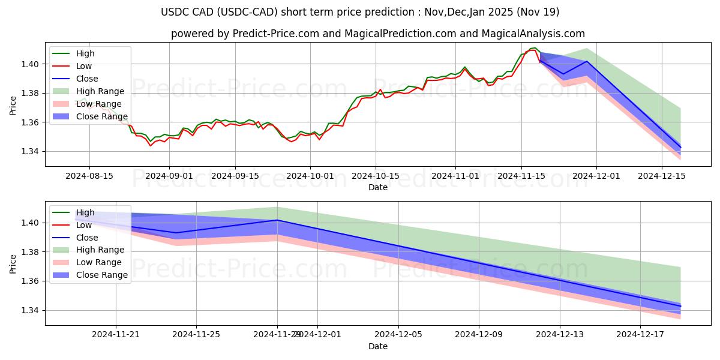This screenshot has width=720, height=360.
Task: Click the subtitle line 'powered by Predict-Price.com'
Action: pyautogui.click(x=377, y=34)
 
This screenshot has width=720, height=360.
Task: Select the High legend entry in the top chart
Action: pyautogui.click(x=85, y=53)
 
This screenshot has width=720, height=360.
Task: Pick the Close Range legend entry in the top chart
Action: pyautogui.click(x=102, y=116)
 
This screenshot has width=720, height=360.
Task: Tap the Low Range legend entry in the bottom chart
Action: pyautogui.click(x=98, y=262)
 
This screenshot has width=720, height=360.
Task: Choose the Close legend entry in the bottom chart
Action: pyautogui.click(x=87, y=238)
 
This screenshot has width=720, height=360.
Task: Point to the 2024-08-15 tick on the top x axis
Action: pyautogui.click(x=89, y=176)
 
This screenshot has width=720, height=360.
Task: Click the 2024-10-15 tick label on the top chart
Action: pyautogui.click(x=376, y=176)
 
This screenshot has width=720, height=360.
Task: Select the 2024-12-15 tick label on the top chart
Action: pyautogui.click(x=662, y=176)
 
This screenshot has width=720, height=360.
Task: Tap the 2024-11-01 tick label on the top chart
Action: pyautogui.click(x=455, y=176)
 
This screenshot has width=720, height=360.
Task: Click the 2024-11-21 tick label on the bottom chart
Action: pyautogui.click(x=115, y=334)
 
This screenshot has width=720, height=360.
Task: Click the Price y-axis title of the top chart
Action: pyautogui.click(x=13, y=105)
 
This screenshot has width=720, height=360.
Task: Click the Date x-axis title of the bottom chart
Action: pyautogui.click(x=377, y=346)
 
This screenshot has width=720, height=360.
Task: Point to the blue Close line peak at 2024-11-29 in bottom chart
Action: pyautogui.click(x=277, y=220)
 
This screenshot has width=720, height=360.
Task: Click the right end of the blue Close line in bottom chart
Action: pyautogui.click(x=680, y=306)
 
